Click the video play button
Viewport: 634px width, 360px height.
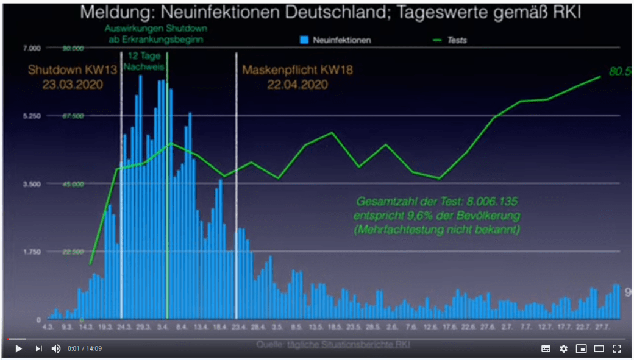point(18,348)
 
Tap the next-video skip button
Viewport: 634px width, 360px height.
point(38,348)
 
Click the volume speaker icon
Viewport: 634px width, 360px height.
point(56,348)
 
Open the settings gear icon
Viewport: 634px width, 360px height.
point(563,348)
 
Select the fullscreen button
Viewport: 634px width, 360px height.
point(616,348)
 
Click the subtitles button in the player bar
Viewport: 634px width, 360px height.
point(546,348)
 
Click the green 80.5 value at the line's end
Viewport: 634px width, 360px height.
point(618,72)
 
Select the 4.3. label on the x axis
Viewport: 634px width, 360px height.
point(48,328)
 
